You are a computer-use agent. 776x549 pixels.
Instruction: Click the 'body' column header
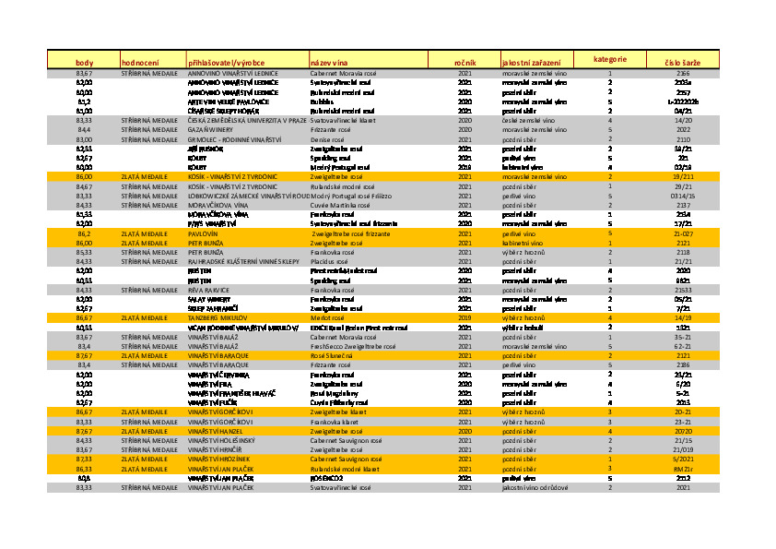(x=84, y=61)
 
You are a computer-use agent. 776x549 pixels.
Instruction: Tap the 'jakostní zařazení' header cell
(x=531, y=62)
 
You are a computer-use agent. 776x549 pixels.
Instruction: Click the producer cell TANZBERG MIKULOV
(x=216, y=316)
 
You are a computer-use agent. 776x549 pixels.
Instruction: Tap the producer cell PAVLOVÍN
(x=205, y=234)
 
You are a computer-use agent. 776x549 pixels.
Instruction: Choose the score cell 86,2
(x=84, y=234)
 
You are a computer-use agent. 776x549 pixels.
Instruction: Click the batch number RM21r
(x=683, y=469)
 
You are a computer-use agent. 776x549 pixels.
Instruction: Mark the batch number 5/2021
(x=683, y=459)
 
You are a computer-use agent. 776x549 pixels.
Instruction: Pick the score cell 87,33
(x=84, y=459)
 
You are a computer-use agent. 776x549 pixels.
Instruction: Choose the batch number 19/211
(x=683, y=175)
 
